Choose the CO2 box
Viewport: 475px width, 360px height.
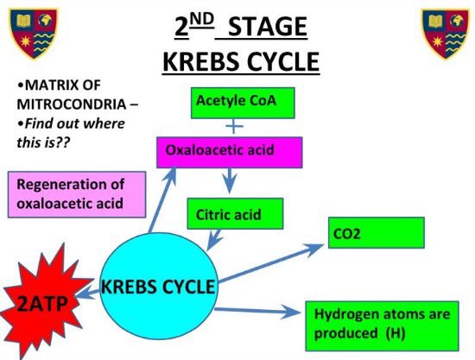point(376,233)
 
